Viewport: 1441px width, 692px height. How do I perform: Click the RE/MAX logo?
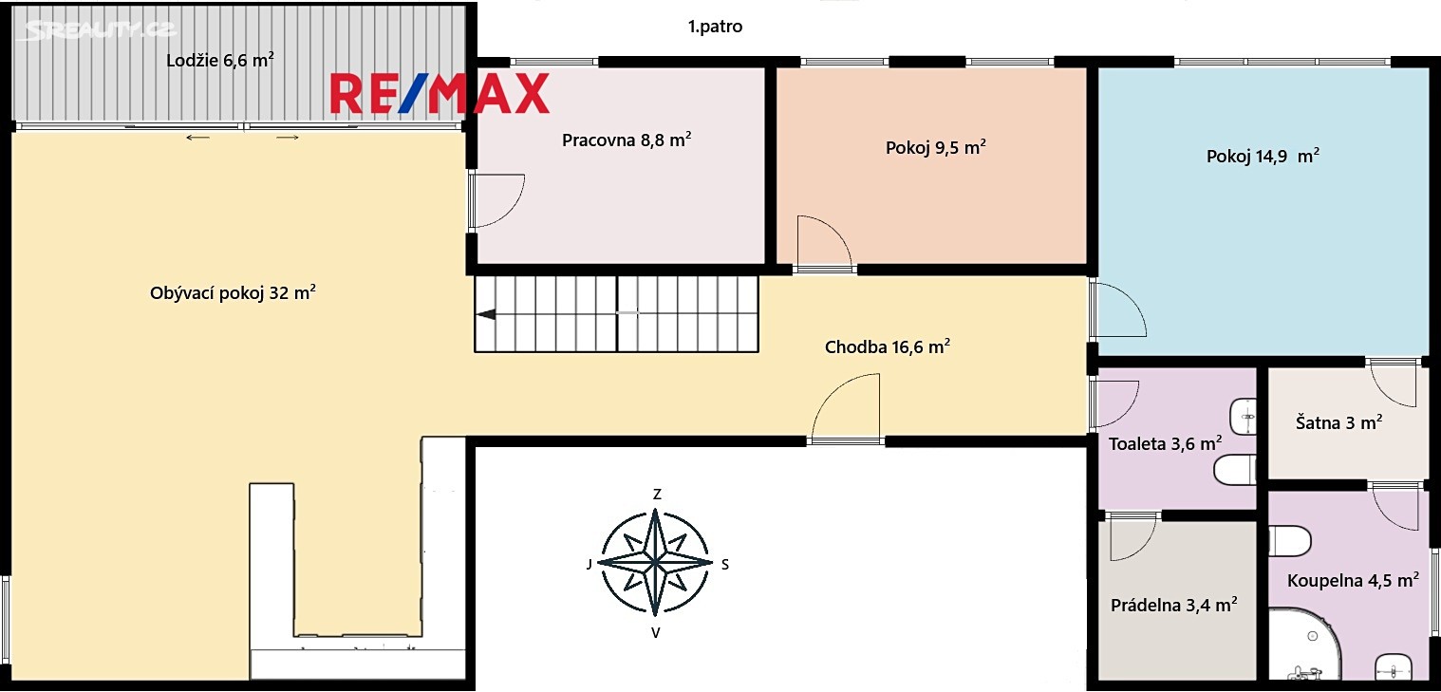[440, 94]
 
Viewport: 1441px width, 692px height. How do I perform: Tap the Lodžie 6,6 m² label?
[220, 61]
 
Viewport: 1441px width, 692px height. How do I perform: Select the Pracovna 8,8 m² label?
[627, 140]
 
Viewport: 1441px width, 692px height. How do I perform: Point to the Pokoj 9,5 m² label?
[935, 147]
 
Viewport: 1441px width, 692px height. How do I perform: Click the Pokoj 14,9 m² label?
[1263, 156]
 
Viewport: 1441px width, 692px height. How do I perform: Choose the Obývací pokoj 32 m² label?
[233, 292]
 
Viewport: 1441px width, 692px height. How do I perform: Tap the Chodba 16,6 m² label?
[888, 346]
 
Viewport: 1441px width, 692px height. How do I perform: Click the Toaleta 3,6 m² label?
[1165, 443]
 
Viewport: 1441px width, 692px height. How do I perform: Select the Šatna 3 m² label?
[1338, 422]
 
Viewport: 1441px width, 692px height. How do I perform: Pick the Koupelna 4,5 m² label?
[1353, 580]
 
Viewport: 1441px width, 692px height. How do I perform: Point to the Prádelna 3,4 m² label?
[1174, 605]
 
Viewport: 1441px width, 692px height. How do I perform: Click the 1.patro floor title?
[715, 27]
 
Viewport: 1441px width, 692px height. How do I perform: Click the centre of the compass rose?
[655, 562]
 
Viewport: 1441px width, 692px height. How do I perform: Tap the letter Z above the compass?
[657, 494]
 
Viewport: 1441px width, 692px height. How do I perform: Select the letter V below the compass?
[656, 633]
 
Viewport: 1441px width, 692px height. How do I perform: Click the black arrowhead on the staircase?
[486, 314]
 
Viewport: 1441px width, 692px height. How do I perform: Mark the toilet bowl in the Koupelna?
[1290, 541]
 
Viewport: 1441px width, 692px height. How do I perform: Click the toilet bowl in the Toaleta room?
[1234, 470]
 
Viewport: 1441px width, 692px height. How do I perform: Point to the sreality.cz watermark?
[100, 29]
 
